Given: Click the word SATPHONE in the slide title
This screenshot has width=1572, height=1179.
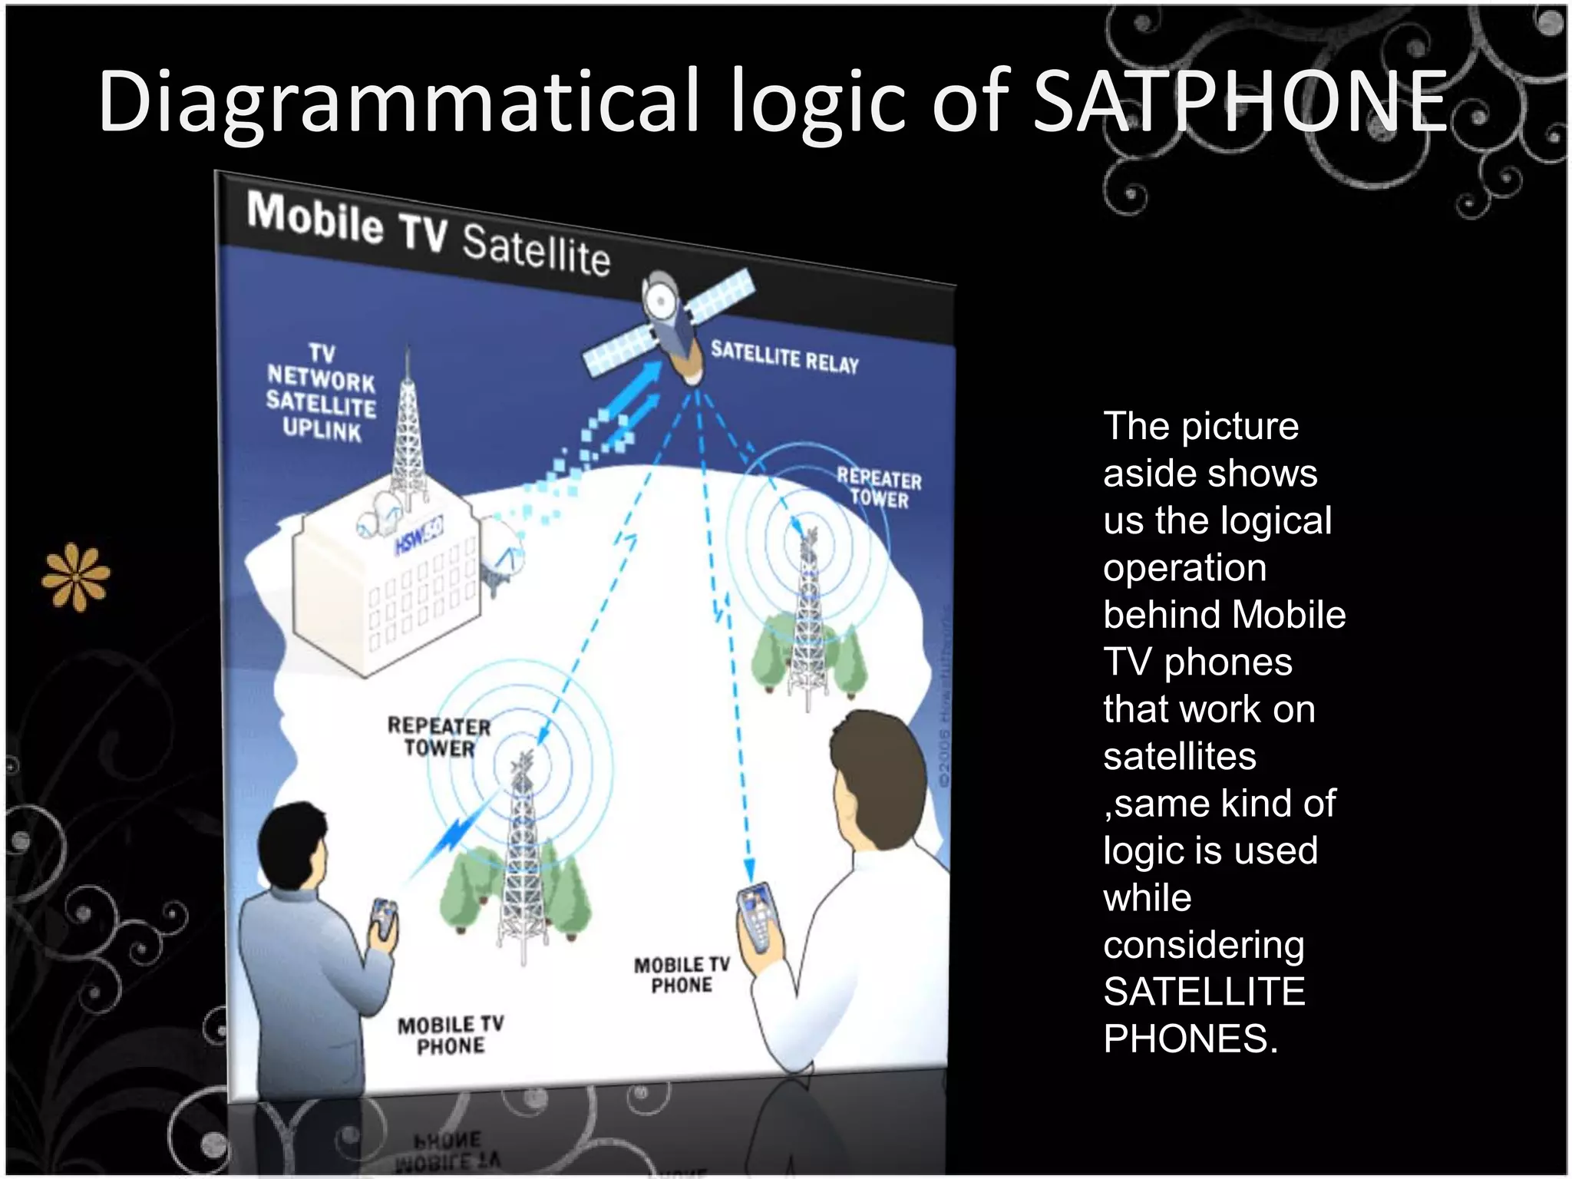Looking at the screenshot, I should pos(1240,101).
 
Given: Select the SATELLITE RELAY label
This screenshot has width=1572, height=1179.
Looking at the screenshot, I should pos(784,358).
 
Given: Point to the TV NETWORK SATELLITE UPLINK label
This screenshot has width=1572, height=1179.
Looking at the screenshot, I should pos(321,392).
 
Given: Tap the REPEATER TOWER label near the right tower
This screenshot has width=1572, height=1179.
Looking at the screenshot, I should pos(879,488).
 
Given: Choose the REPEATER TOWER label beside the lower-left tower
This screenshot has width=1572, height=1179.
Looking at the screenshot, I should pos(438,737).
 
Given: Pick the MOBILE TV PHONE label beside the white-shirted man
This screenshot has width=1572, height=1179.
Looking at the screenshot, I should pos(682,975).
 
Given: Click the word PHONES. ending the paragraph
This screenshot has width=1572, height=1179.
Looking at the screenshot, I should pos(1191,1039).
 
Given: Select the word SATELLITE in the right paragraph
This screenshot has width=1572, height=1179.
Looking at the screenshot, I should pos(1204,991).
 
